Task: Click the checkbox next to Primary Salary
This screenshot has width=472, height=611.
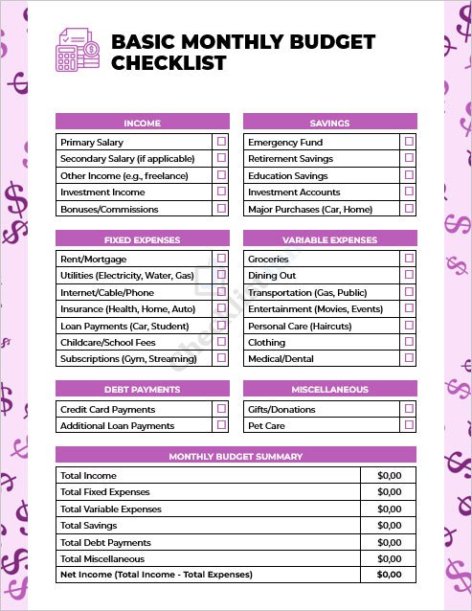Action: click(221, 142)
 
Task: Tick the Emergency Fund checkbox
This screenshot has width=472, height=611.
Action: click(409, 142)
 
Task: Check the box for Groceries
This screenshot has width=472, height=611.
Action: click(409, 259)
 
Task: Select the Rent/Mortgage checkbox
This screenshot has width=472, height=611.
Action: click(221, 259)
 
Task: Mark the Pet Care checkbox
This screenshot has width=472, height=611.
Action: click(409, 425)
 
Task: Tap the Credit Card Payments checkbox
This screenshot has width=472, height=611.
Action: click(221, 409)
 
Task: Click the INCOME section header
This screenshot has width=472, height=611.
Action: click(143, 123)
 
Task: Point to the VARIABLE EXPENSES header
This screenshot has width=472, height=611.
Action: click(329, 239)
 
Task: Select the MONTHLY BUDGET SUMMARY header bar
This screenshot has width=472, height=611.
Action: click(236, 456)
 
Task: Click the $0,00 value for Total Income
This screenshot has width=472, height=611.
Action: click(389, 476)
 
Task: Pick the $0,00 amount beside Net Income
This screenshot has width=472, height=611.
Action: click(389, 575)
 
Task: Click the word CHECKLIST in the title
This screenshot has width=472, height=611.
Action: click(169, 64)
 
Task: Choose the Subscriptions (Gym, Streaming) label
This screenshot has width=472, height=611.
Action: click(128, 359)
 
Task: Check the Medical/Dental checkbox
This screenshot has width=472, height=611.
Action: click(409, 358)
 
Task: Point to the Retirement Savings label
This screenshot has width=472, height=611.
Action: click(290, 159)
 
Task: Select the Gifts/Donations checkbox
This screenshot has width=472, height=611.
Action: click(409, 409)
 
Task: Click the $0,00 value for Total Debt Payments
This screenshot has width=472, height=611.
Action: click(389, 542)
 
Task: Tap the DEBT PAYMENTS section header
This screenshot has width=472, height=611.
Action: click(143, 390)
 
